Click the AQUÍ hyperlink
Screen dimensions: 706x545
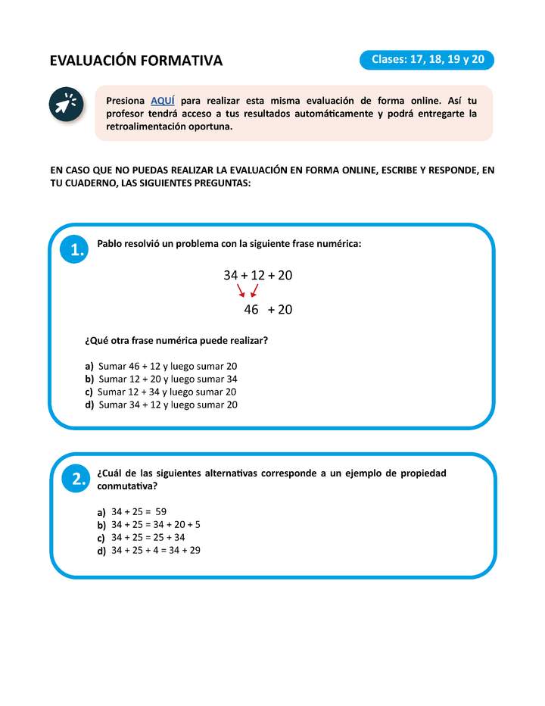click(163, 100)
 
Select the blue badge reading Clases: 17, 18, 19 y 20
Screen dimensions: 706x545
click(428, 59)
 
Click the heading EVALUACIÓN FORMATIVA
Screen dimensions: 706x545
click(136, 61)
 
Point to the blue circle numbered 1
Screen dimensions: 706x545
click(76, 251)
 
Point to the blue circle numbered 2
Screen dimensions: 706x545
click(76, 478)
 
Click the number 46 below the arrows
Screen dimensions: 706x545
click(251, 309)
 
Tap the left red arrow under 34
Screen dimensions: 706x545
click(241, 291)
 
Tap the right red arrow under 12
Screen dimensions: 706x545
click(254, 291)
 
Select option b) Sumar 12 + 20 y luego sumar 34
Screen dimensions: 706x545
click(167, 379)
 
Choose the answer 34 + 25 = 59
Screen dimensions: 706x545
click(138, 511)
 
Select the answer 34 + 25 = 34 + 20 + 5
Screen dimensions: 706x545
click(155, 524)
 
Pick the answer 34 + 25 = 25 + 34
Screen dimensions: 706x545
click(148, 537)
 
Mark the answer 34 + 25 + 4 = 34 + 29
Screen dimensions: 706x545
click(155, 550)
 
